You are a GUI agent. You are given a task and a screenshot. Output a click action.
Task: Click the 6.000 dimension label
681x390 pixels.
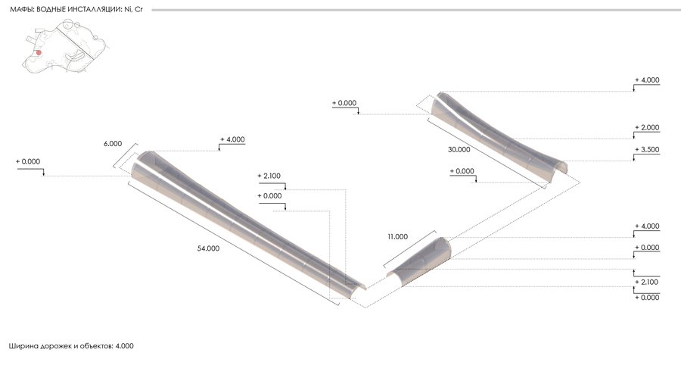[x=113, y=143]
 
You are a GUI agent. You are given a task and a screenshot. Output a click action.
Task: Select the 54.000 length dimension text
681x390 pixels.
[x=208, y=248]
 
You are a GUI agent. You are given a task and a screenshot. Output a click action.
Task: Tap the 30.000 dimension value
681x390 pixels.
[x=459, y=150]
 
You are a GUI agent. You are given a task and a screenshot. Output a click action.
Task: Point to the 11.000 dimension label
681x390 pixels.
[x=397, y=237]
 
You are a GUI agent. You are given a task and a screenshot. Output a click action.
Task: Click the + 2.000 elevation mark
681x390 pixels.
[x=647, y=127]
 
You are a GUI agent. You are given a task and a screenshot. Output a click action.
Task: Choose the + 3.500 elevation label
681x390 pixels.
[x=647, y=150]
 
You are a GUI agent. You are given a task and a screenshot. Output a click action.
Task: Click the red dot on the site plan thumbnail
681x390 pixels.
[x=39, y=52]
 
